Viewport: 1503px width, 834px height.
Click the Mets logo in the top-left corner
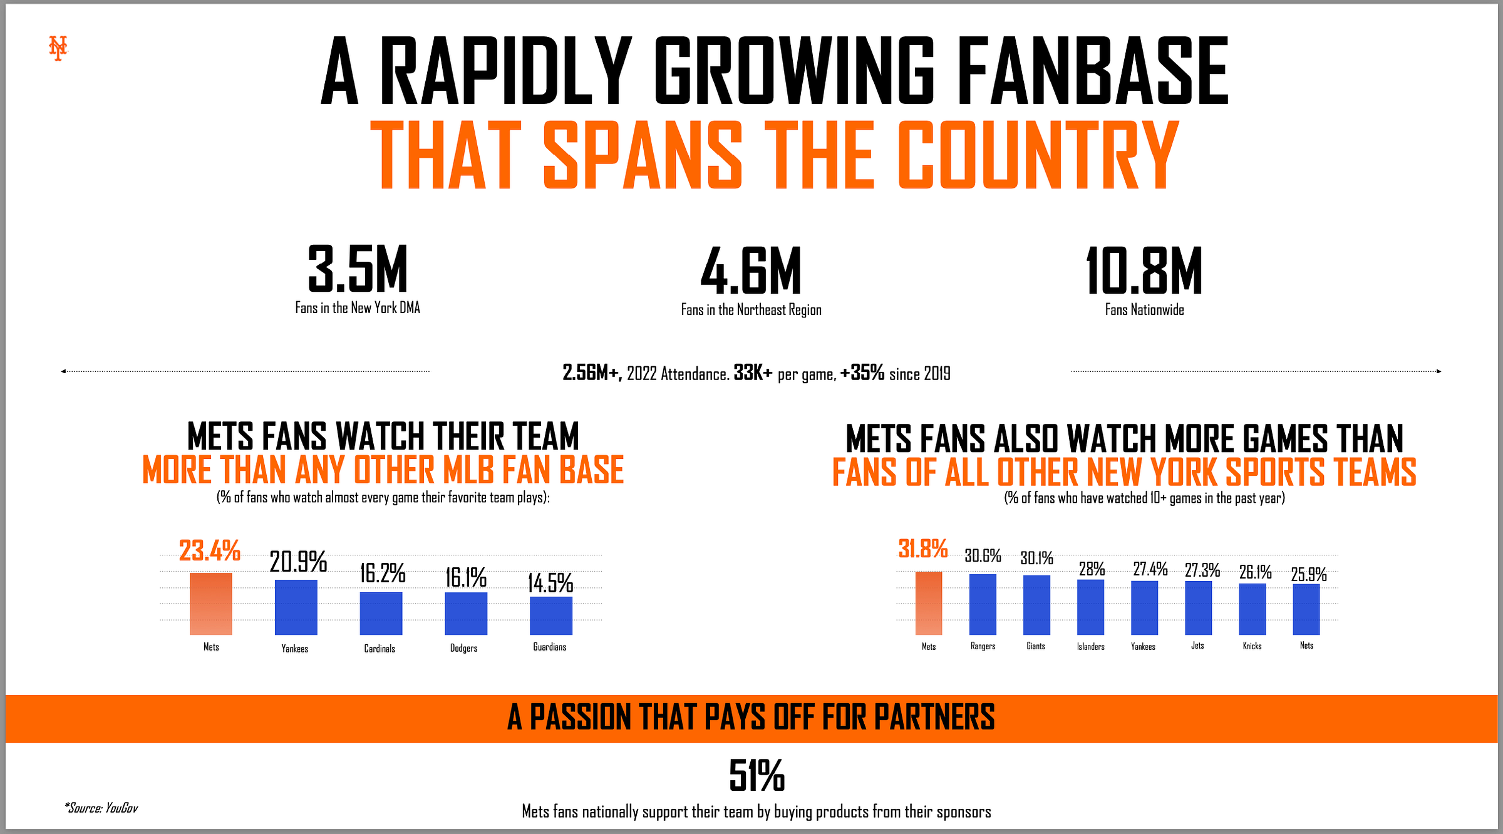click(58, 48)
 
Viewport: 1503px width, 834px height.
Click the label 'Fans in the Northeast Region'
click(751, 310)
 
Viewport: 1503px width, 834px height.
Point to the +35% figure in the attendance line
click(862, 373)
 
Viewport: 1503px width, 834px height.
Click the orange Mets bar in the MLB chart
click(211, 604)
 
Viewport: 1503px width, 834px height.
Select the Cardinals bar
click(381, 613)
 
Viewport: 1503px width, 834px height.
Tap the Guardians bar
click(550, 615)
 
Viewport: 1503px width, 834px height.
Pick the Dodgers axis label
click(463, 648)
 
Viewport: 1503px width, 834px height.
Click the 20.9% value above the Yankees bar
click(298, 562)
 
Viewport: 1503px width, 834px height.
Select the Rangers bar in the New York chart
click(983, 604)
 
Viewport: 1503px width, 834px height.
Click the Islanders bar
click(1090, 607)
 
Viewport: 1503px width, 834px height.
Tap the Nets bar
click(1306, 609)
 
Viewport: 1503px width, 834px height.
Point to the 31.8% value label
click(922, 549)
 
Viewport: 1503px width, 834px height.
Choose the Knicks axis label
click(1252, 646)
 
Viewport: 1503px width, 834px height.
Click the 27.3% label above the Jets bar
click(1202, 570)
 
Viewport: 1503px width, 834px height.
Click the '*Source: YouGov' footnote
click(101, 808)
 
